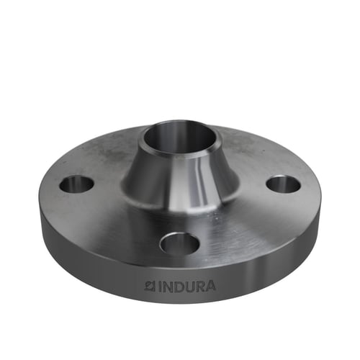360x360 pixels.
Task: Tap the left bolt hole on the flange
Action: click(x=76, y=185)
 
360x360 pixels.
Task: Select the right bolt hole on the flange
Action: click(x=284, y=184)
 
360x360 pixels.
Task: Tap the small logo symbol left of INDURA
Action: click(x=150, y=286)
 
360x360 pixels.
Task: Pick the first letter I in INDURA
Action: click(x=159, y=287)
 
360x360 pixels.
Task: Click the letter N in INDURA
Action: click(x=167, y=287)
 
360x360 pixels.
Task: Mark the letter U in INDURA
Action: click(x=189, y=287)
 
